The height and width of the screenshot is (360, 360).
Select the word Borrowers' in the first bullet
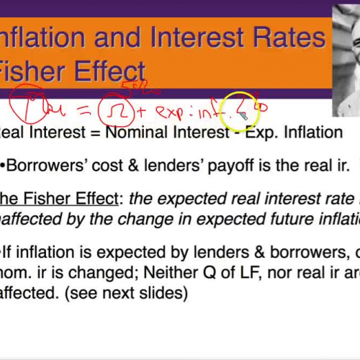coord(46,166)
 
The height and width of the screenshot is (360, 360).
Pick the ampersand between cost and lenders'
coord(133,166)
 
